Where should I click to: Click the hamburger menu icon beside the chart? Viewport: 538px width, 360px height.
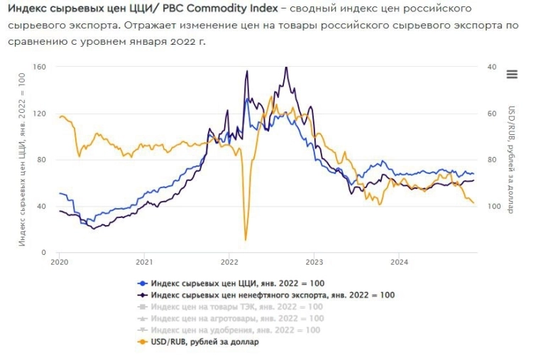(x=512, y=75)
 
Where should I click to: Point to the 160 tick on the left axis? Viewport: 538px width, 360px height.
(x=40, y=67)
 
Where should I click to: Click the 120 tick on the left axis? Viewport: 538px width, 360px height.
(x=40, y=114)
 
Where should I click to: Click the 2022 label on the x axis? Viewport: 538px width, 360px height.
(x=229, y=262)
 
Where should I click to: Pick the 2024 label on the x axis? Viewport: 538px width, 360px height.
(x=398, y=262)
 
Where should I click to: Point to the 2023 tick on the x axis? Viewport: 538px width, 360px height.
(x=314, y=262)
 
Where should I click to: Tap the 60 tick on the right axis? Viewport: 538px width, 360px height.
(x=491, y=114)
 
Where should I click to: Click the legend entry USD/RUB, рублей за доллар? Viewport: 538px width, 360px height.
(x=205, y=342)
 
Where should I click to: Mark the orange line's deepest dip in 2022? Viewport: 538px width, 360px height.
(x=246, y=239)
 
